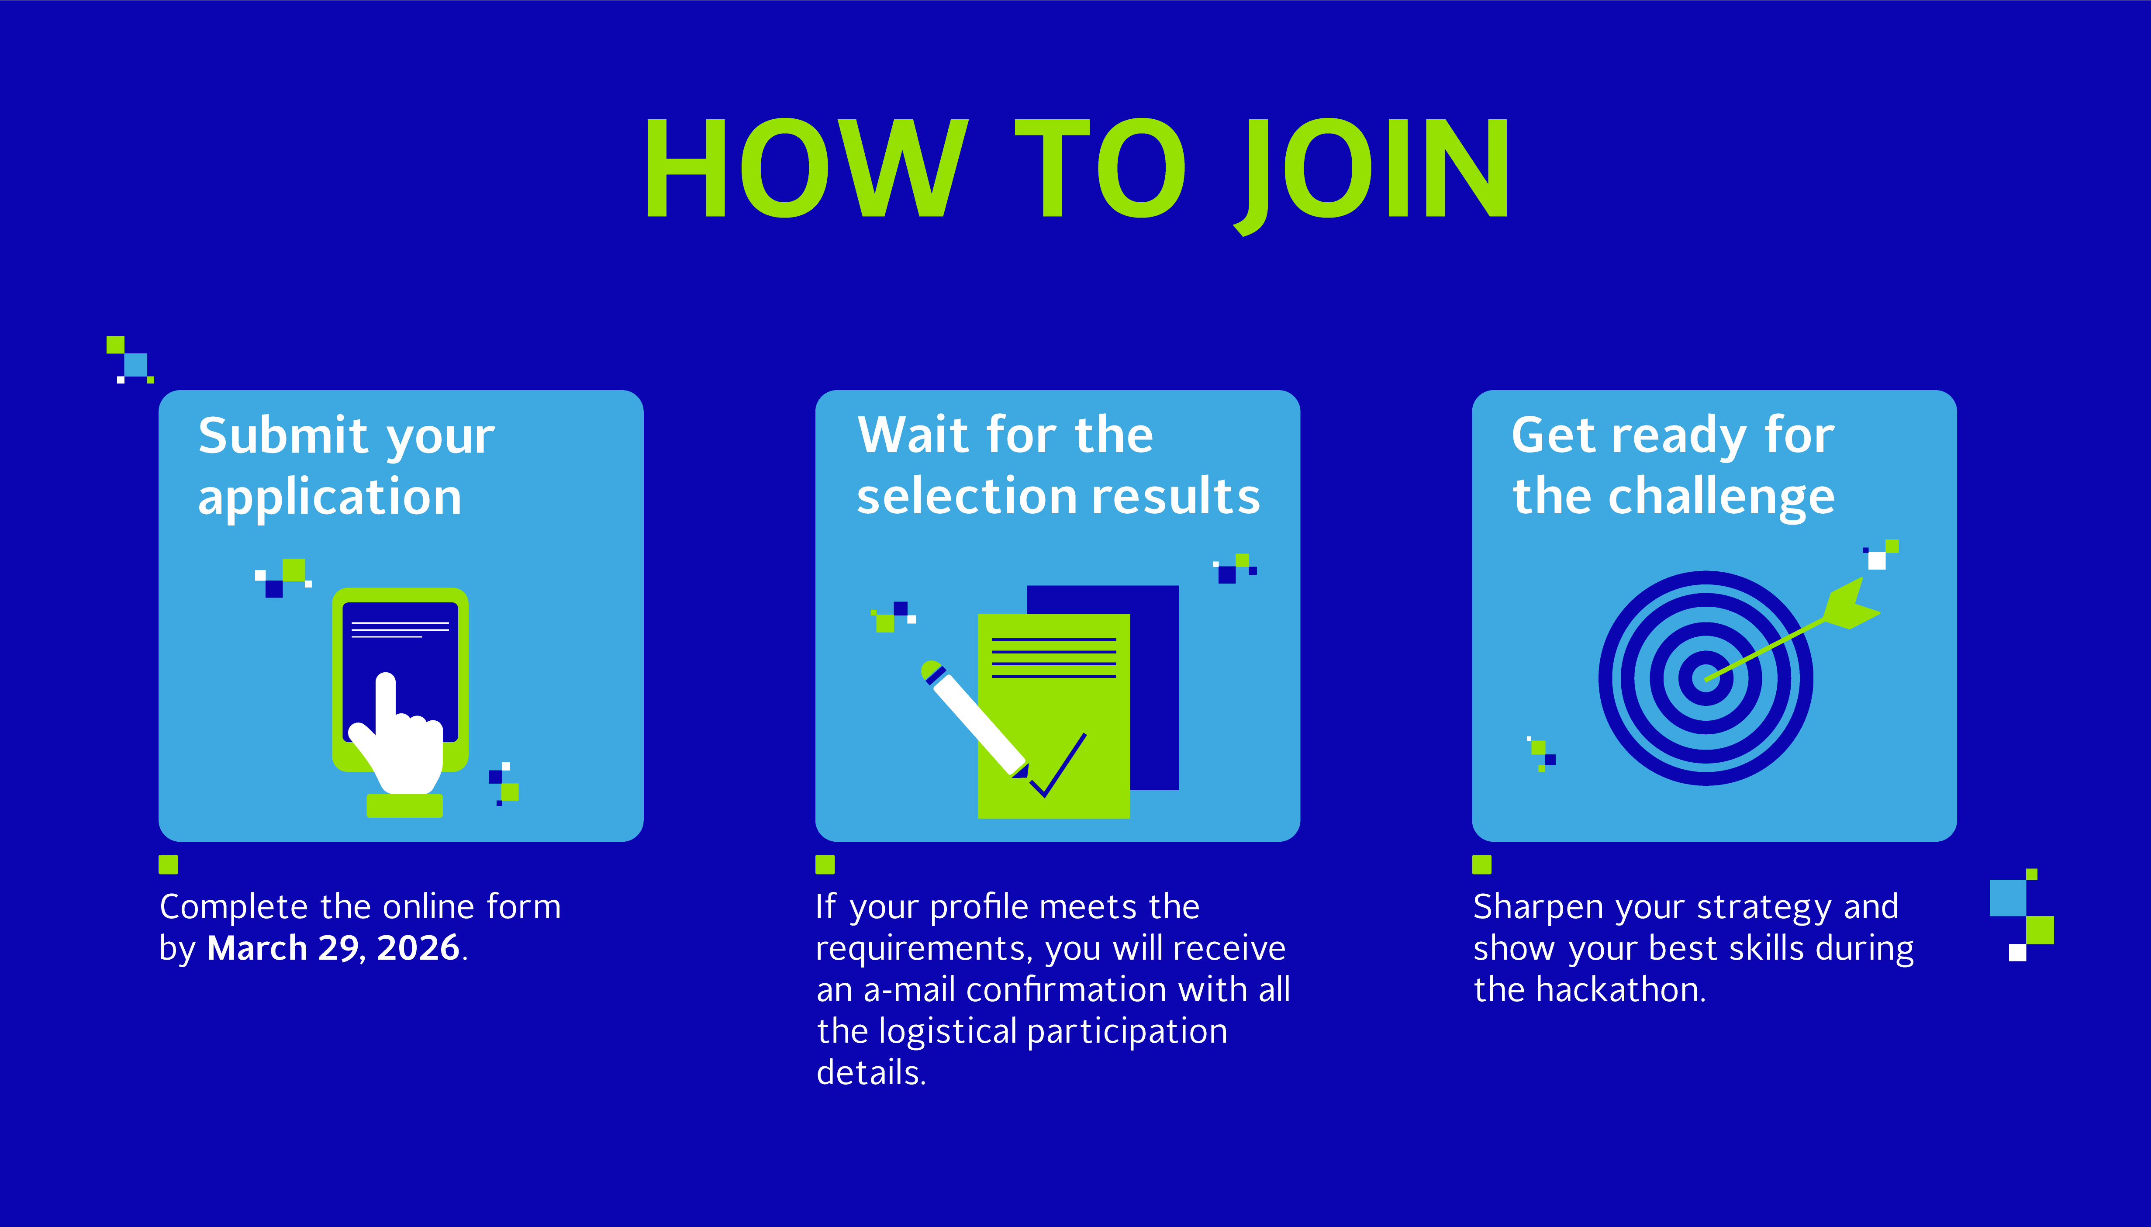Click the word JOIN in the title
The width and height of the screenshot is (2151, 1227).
pos(1372,173)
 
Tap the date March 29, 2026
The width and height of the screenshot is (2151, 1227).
pos(334,948)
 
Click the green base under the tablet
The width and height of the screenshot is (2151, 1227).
pos(404,805)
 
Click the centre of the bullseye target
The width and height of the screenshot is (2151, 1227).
pos(1706,678)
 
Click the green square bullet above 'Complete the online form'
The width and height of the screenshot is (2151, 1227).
pos(169,864)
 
